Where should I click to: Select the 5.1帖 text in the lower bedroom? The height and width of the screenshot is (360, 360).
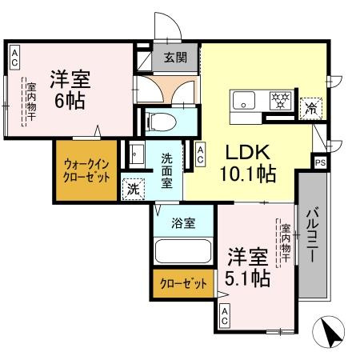246,279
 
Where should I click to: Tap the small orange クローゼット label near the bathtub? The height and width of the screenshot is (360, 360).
184,283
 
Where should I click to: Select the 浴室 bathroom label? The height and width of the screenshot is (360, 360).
183,223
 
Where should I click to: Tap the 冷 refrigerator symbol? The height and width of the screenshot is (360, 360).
309,111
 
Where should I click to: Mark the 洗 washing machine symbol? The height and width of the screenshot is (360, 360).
132,190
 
